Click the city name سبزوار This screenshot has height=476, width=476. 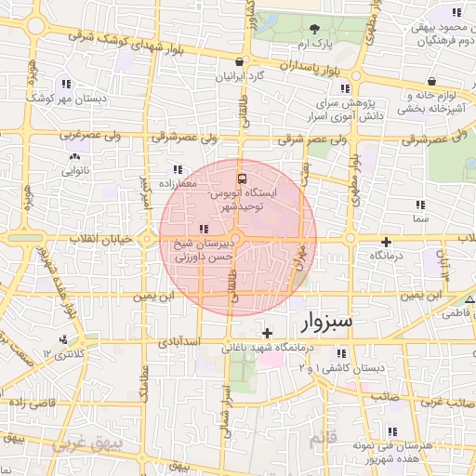(x=327, y=323)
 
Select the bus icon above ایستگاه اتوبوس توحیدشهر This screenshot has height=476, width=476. (x=243, y=178)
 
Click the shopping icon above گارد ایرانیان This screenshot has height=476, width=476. (x=241, y=62)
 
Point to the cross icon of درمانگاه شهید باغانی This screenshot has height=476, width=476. (x=268, y=333)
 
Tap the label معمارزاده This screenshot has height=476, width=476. (x=177, y=184)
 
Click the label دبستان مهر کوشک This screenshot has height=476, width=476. (x=63, y=97)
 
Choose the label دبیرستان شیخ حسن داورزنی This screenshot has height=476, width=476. (x=205, y=249)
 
